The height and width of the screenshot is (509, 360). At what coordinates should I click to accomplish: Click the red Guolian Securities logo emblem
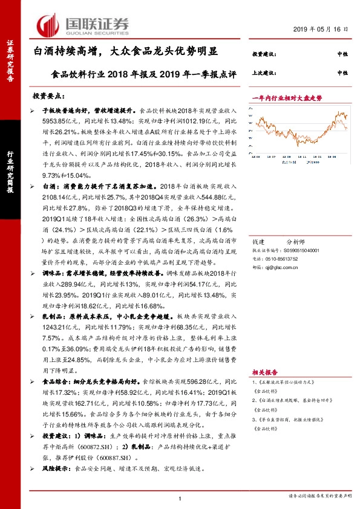pyautogui.click(x=48, y=24)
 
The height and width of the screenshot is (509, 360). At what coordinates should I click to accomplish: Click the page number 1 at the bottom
pyautogui.click(x=180, y=497)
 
